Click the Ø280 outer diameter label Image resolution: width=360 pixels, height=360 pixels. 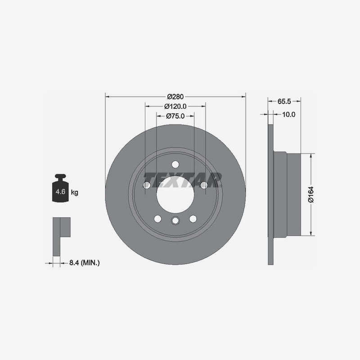[175, 97]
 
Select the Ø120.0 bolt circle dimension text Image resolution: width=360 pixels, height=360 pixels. [175, 107]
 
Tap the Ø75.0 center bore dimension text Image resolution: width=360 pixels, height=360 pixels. [175, 116]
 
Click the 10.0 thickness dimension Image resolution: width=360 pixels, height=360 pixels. [288, 114]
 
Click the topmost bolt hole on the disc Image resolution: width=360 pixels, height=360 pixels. [175, 164]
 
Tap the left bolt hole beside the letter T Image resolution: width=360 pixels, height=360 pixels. [146, 185]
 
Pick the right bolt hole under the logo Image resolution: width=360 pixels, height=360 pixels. [204, 184]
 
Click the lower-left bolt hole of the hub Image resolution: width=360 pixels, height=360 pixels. [157, 219]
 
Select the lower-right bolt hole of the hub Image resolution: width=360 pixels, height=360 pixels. [193, 219]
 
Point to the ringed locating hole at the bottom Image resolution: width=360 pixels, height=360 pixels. [175, 220]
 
